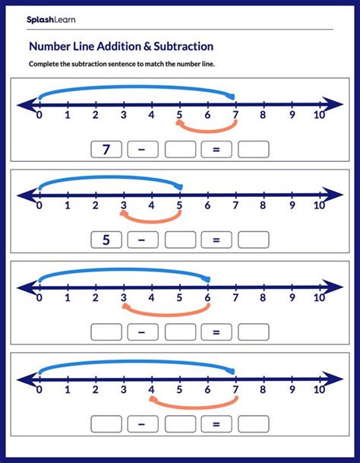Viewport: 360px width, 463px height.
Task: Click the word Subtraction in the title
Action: point(177,46)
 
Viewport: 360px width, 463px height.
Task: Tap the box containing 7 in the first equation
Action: point(106,150)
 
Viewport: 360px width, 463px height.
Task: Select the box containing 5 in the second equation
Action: point(106,240)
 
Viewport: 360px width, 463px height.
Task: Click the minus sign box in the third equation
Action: point(142,331)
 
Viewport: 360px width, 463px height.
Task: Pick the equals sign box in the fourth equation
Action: point(216,423)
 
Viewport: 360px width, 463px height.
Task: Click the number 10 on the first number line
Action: point(319,116)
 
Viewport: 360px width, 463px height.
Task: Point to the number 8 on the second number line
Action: point(263,206)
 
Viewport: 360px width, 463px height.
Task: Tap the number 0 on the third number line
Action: point(39,297)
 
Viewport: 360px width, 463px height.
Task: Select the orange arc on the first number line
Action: point(206,128)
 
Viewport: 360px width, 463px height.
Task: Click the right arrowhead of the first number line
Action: point(334,103)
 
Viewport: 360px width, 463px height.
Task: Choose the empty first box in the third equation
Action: point(106,331)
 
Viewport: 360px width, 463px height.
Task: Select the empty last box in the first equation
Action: point(254,150)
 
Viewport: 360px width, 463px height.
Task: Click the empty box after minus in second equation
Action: point(180,240)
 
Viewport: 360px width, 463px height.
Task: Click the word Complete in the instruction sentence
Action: point(46,64)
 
